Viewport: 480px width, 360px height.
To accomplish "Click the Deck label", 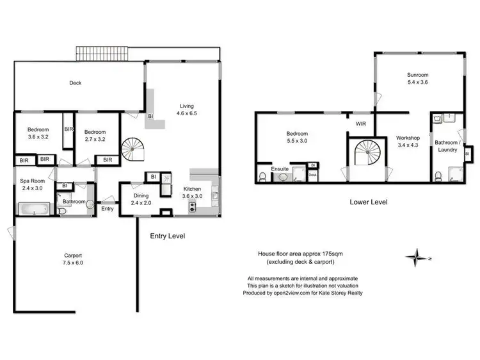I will click(75, 83).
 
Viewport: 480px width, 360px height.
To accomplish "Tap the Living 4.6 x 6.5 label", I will click(186, 110).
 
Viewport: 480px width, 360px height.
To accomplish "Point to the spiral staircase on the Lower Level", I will click(367, 155).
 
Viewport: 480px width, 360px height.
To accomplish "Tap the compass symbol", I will click(415, 258).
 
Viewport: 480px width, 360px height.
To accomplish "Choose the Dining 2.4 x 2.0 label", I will click(141, 199).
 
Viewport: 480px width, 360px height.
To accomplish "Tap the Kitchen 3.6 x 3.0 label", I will click(193, 193).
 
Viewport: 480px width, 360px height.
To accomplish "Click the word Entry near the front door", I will click(108, 208).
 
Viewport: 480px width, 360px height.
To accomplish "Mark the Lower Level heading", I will click(368, 202).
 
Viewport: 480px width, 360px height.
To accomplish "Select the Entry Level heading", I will click(167, 236).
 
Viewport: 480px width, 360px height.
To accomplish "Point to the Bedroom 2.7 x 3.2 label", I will click(94, 133).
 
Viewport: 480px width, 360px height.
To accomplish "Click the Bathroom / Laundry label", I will click(446, 146).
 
